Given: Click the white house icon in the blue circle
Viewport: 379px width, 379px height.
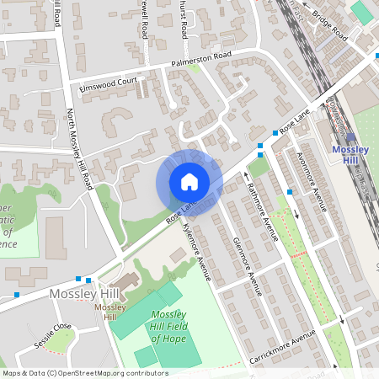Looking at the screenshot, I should pos(189,182).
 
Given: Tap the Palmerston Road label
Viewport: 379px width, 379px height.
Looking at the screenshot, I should pos(201,60).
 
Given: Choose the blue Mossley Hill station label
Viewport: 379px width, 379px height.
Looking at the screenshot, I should pos(351,154).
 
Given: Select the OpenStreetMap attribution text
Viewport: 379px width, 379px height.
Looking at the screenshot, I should pos(84,372).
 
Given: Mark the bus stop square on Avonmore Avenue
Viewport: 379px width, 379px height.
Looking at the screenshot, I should pos(290,192).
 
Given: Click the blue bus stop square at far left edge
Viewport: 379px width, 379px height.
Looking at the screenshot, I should pos(17,295).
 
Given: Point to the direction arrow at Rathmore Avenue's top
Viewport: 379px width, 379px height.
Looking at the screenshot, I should pos(247,175).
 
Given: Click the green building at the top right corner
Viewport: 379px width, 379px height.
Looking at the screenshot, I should pos(361,11).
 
